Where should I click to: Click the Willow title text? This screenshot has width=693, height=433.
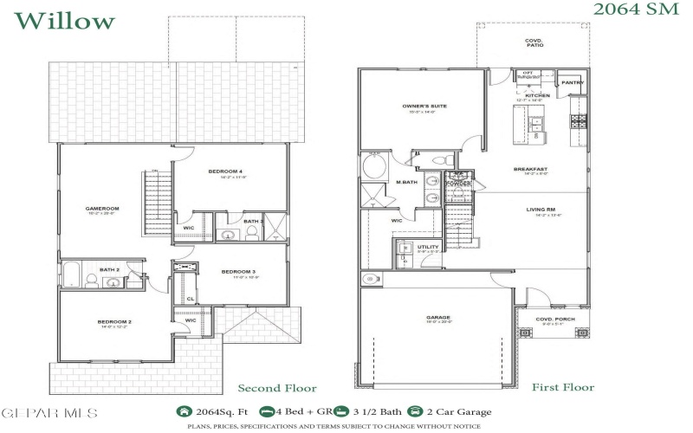pyautogui.click(x=65, y=20)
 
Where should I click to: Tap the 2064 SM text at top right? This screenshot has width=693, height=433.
pyautogui.click(x=637, y=10)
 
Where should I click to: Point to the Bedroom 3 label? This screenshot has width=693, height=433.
pyautogui.click(x=238, y=272)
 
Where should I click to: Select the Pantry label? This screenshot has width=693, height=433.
pyautogui.click(x=573, y=83)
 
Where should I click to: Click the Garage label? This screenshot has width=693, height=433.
pyautogui.click(x=437, y=318)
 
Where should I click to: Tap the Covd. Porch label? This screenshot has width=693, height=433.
pyautogui.click(x=555, y=318)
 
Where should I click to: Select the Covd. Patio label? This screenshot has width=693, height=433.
pyautogui.click(x=533, y=42)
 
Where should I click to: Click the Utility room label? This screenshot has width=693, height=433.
pyautogui.click(x=428, y=247)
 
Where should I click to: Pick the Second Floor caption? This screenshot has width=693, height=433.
pyautogui.click(x=277, y=388)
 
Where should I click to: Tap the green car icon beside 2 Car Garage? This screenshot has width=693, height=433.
pyautogui.click(x=417, y=412)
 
